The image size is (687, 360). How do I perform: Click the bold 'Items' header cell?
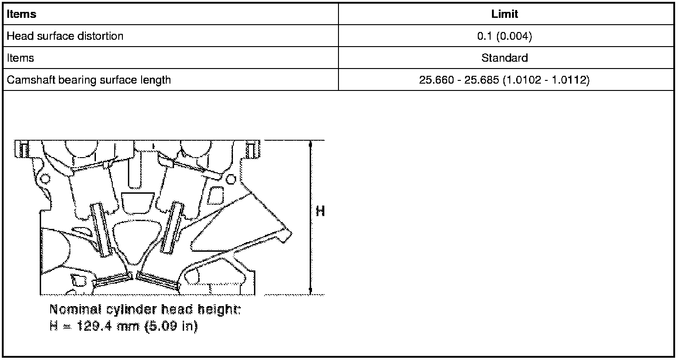coord(21,14)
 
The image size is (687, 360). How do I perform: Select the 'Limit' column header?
coord(504,14)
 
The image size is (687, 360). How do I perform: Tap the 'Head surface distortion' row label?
coord(65,36)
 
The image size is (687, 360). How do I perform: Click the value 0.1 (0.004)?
coord(504,36)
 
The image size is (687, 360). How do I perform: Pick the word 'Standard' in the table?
coord(504,58)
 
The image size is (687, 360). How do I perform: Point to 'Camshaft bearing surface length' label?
coord(89,80)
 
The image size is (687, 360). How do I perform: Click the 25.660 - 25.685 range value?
coord(504,80)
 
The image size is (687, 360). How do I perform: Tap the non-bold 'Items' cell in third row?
coord(20,58)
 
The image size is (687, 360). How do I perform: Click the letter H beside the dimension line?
coord(320,211)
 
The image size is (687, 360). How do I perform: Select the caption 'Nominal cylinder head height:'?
coord(145,309)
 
